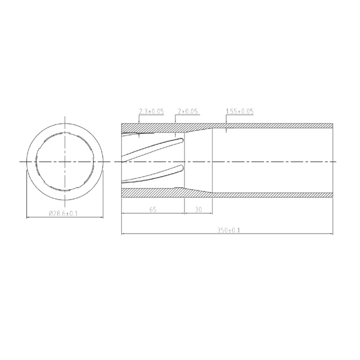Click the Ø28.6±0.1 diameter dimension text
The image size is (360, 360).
[63, 214]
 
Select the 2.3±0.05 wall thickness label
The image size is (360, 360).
[151, 111]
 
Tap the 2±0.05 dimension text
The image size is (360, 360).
[187, 111]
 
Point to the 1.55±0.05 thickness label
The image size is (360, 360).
[240, 111]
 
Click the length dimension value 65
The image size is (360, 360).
[153, 209]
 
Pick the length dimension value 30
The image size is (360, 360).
[198, 209]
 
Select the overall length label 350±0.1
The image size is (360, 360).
[229, 230]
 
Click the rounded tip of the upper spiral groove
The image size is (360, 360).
[182, 140]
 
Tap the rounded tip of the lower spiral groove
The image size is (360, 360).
[182, 167]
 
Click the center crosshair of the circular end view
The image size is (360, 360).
[65, 162]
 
